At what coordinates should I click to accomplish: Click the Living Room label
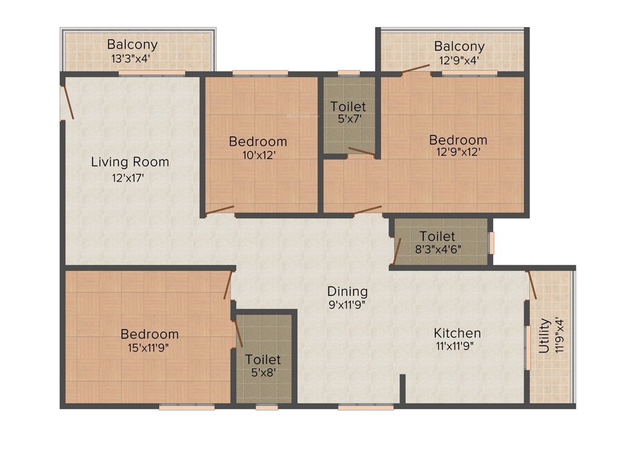coord(130,162)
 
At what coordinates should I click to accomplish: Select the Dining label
coord(348,291)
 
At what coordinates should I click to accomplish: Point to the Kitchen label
coord(457,333)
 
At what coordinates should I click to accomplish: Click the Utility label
coord(544,336)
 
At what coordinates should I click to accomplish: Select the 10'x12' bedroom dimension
coord(258,155)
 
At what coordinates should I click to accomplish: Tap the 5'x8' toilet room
coord(263,365)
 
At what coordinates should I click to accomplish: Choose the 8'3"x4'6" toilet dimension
coord(438,250)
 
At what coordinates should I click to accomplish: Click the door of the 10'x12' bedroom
coord(220,210)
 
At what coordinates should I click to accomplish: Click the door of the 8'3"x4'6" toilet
coord(397,251)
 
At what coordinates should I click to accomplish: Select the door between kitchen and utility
coord(532,284)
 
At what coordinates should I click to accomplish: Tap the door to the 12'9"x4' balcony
coord(416,68)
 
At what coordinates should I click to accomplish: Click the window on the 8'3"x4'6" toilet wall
coord(491,242)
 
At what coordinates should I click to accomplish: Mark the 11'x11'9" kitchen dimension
coord(457,347)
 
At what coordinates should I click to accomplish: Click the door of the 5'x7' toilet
coord(361,151)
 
